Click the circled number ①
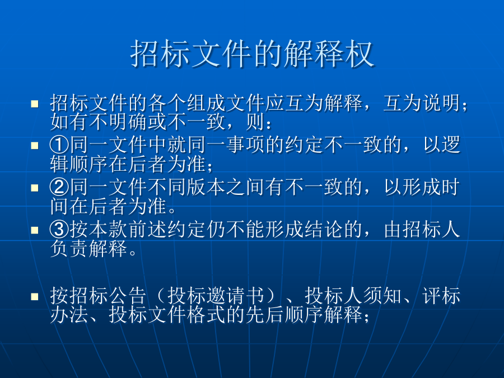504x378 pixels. pyautogui.click(x=59, y=144)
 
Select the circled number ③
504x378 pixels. pyautogui.click(x=59, y=229)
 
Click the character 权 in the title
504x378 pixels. pyautogui.click(x=360, y=54)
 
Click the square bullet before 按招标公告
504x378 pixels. pyautogui.click(x=34, y=296)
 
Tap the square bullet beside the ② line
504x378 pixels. pyautogui.click(x=34, y=188)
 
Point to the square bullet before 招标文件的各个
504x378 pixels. pyautogui.click(x=34, y=104)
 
